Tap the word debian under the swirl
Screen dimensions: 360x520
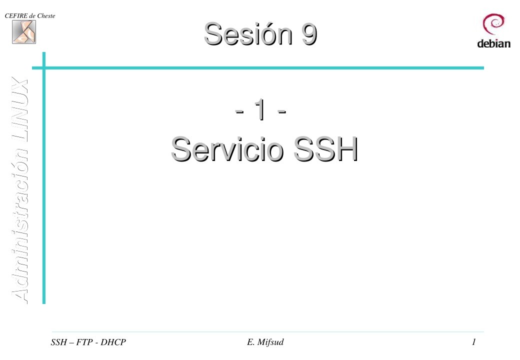click(x=493, y=43)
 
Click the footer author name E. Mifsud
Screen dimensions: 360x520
click(x=261, y=342)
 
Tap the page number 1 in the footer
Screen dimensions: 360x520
click(x=473, y=342)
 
